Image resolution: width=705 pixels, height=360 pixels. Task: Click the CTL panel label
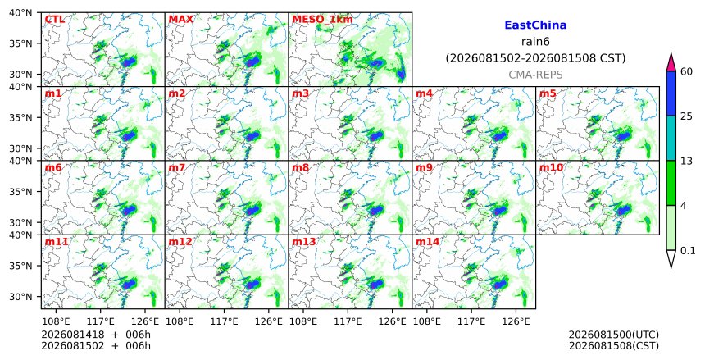pos(54,20)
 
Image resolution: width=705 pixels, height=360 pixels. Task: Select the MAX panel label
pos(180,20)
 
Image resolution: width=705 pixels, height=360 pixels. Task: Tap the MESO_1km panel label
pos(322,20)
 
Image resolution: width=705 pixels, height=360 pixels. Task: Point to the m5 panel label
pos(547,93)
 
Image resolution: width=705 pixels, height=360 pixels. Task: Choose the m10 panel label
pos(551,168)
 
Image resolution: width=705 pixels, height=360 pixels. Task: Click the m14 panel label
pos(427,242)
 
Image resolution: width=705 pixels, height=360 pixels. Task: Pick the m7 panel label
pos(176,168)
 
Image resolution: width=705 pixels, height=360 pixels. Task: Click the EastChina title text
pos(535,25)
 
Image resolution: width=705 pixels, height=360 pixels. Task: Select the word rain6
pos(535,42)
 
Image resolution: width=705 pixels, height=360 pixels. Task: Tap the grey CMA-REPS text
pos(535,75)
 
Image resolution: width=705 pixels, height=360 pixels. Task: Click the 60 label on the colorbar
pos(686,71)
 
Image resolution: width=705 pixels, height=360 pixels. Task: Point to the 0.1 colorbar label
pos(688,251)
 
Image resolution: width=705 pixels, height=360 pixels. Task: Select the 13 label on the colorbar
pos(686,161)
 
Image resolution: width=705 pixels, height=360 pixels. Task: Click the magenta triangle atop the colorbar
pos(671,62)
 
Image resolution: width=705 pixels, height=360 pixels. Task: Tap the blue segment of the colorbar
pos(671,93)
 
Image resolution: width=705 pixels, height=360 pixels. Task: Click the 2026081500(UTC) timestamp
pos(614,335)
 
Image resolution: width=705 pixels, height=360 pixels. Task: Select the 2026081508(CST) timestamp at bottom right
pos(614,346)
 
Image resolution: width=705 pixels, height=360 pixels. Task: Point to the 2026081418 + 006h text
pos(96,335)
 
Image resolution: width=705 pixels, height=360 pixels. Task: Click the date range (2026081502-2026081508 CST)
pos(535,58)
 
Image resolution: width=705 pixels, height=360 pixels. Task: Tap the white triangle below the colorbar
pos(671,257)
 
